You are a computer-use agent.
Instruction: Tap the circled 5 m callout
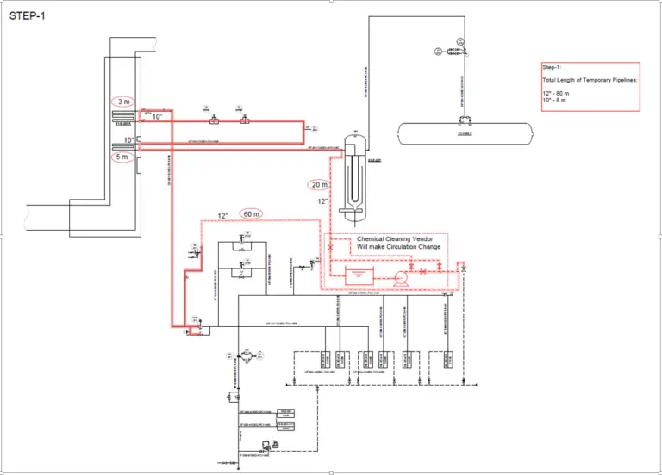coord(122,157)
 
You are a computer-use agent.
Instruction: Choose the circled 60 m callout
coord(253,213)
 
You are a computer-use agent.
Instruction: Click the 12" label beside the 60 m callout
coord(223,215)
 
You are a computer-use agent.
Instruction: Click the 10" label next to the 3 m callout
coord(157,117)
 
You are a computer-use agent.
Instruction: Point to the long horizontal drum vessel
coord(465,133)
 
